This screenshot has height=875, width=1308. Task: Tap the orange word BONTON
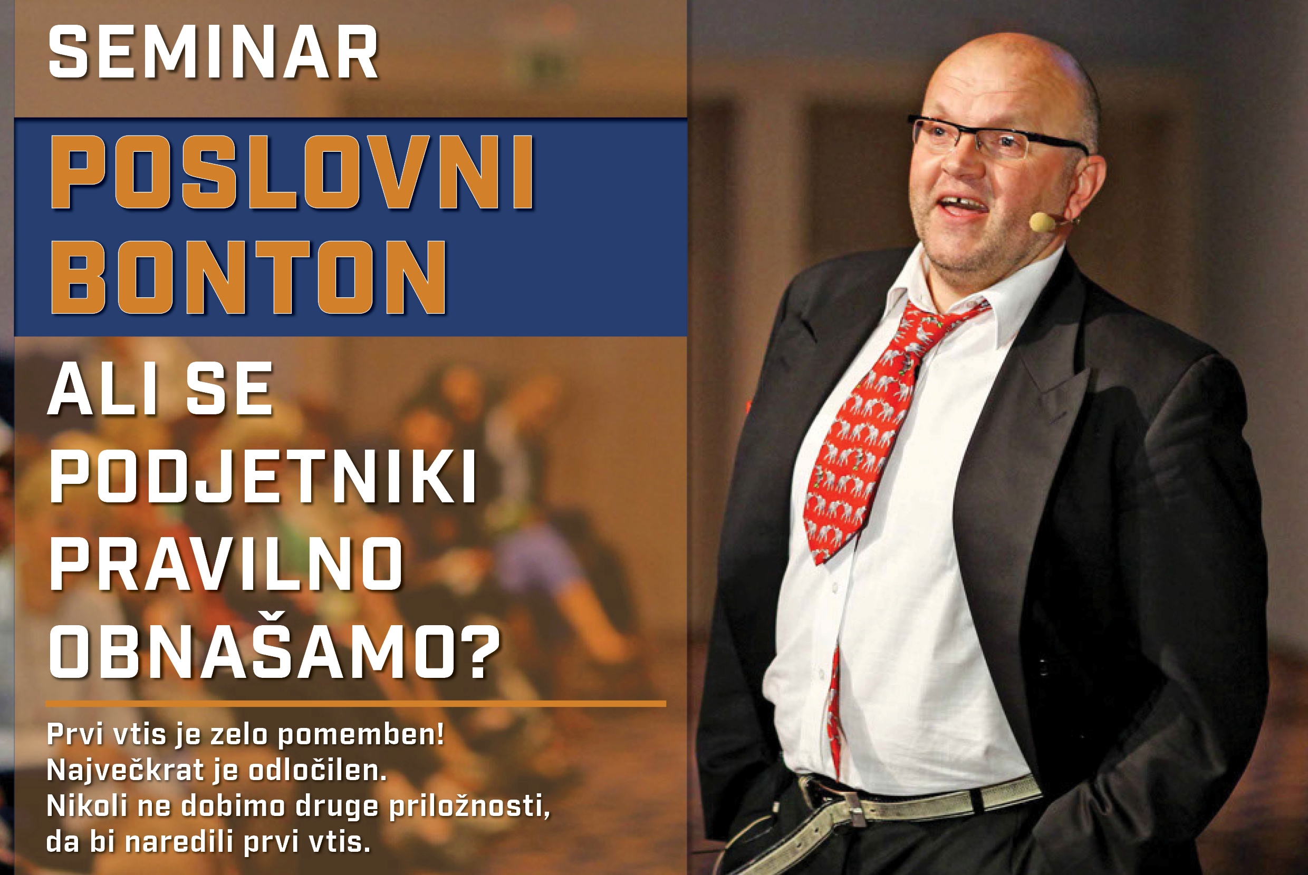pyautogui.click(x=248, y=277)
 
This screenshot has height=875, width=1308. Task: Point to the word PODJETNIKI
pyautogui.click(x=262, y=475)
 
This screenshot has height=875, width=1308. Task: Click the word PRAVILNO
pyautogui.click(x=226, y=563)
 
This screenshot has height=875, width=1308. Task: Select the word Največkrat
pyautogui.click(x=126, y=771)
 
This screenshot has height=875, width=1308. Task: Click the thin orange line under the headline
pyautogui.click(x=355, y=704)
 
